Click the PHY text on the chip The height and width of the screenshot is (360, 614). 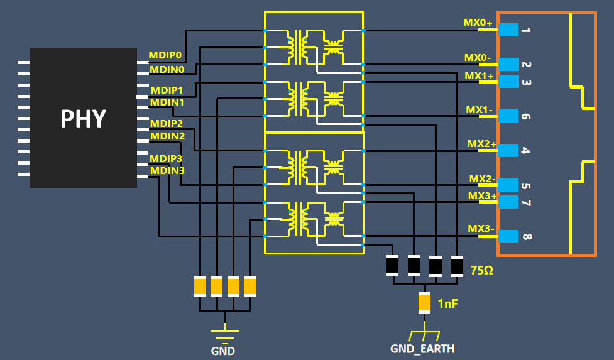pos(83,118)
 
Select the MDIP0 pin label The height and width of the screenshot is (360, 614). pos(165,55)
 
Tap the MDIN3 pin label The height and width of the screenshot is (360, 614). pos(167,170)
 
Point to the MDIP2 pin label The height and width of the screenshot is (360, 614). pos(167,123)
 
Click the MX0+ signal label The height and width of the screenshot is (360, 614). pos(478,23)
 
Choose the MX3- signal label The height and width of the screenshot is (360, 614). pos(481,228)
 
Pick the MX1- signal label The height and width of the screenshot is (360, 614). pos(479,109)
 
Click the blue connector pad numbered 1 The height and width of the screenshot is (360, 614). pos(508,30)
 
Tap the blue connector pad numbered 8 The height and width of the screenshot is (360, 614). pos(508,236)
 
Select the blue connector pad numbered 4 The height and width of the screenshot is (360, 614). pos(508,151)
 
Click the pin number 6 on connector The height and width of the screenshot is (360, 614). pos(527,117)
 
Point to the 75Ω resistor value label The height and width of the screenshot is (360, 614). pos(482,270)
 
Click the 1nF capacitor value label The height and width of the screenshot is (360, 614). pos(447,304)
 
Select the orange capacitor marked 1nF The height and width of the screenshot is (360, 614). pos(425,303)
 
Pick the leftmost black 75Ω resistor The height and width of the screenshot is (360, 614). pos(393,266)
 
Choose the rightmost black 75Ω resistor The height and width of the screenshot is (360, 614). pos(457,266)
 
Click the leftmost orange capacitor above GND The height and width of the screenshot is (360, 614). pos(200,286)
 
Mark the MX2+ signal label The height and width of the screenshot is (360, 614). pos(481,144)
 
